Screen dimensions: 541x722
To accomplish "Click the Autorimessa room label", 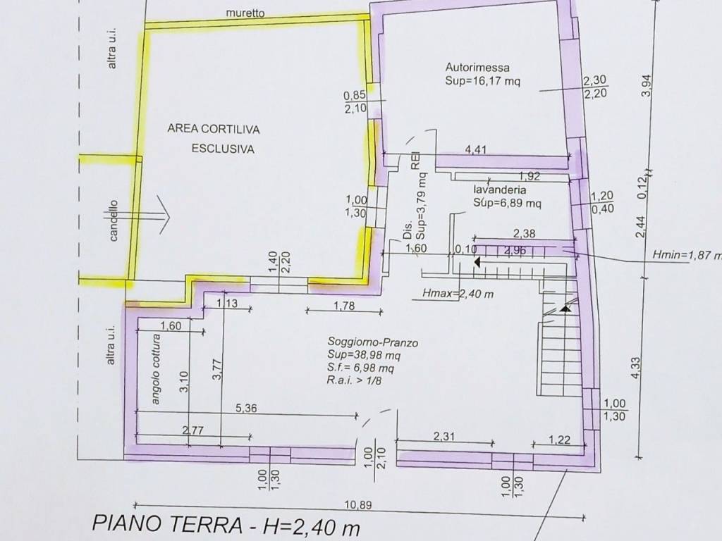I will click(477, 68).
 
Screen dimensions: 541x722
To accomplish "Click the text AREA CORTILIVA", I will click(214, 129).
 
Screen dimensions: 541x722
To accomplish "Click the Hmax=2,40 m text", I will click(455, 294).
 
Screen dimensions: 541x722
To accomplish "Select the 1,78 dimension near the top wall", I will click(343, 305).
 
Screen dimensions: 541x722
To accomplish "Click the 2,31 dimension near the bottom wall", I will click(443, 437).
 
